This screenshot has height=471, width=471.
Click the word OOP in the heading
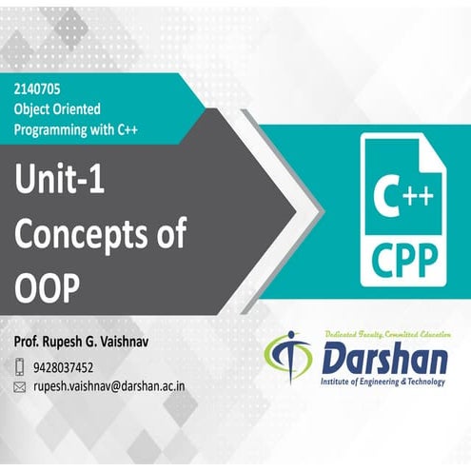45,286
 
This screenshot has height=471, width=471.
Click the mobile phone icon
20,366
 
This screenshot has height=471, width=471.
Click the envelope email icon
20,388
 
